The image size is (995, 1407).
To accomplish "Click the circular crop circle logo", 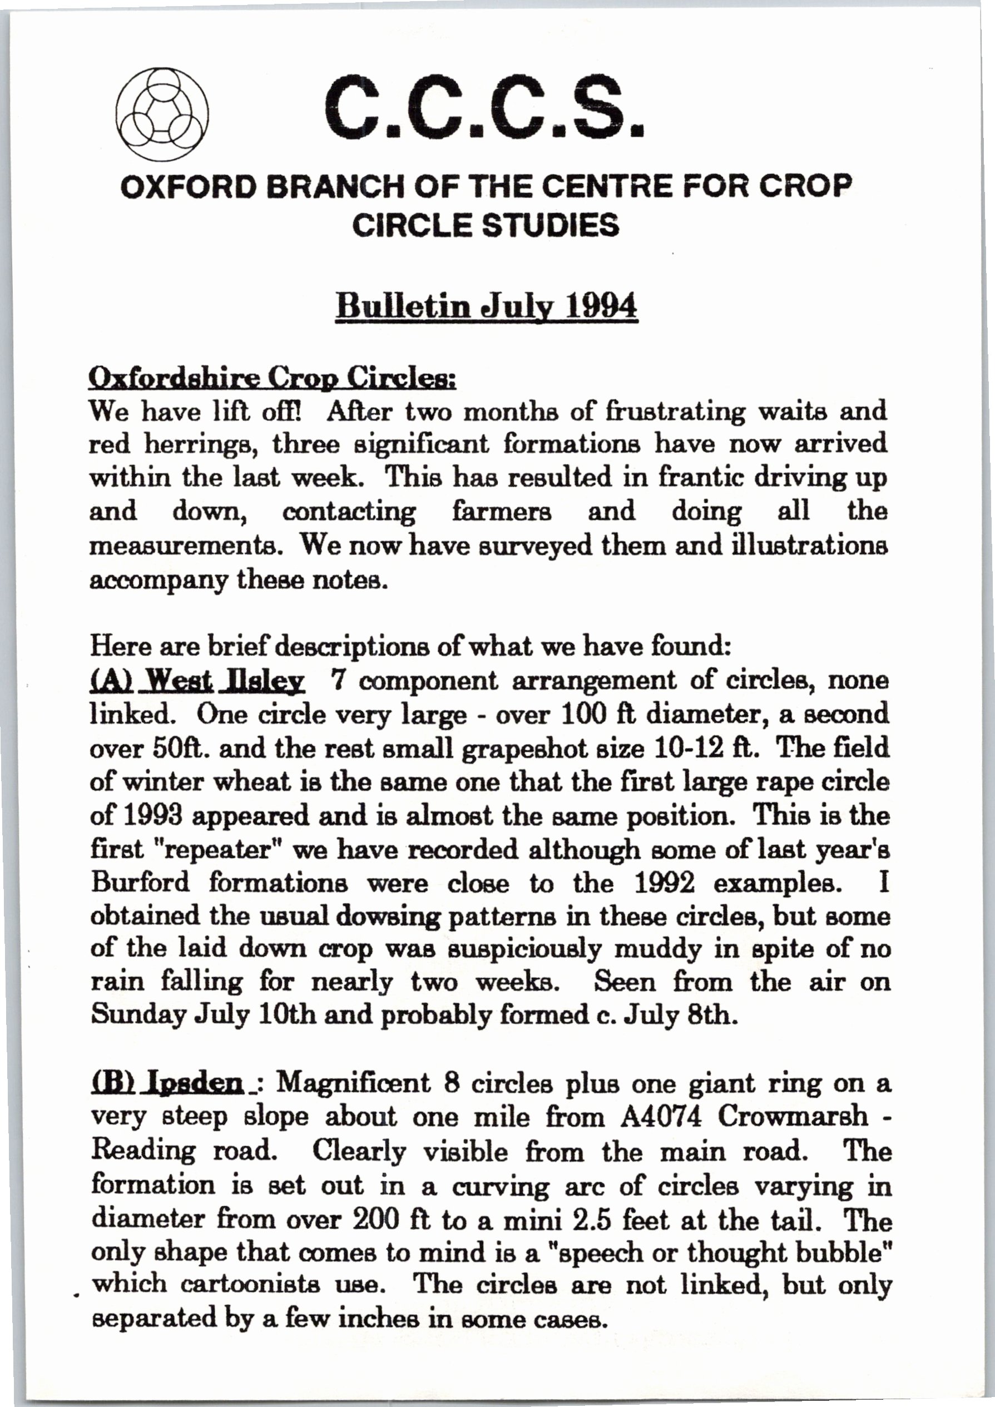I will point(162,115).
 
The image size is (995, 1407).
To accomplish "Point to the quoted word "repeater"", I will point(210,850).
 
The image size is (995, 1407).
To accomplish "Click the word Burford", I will point(141,883).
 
